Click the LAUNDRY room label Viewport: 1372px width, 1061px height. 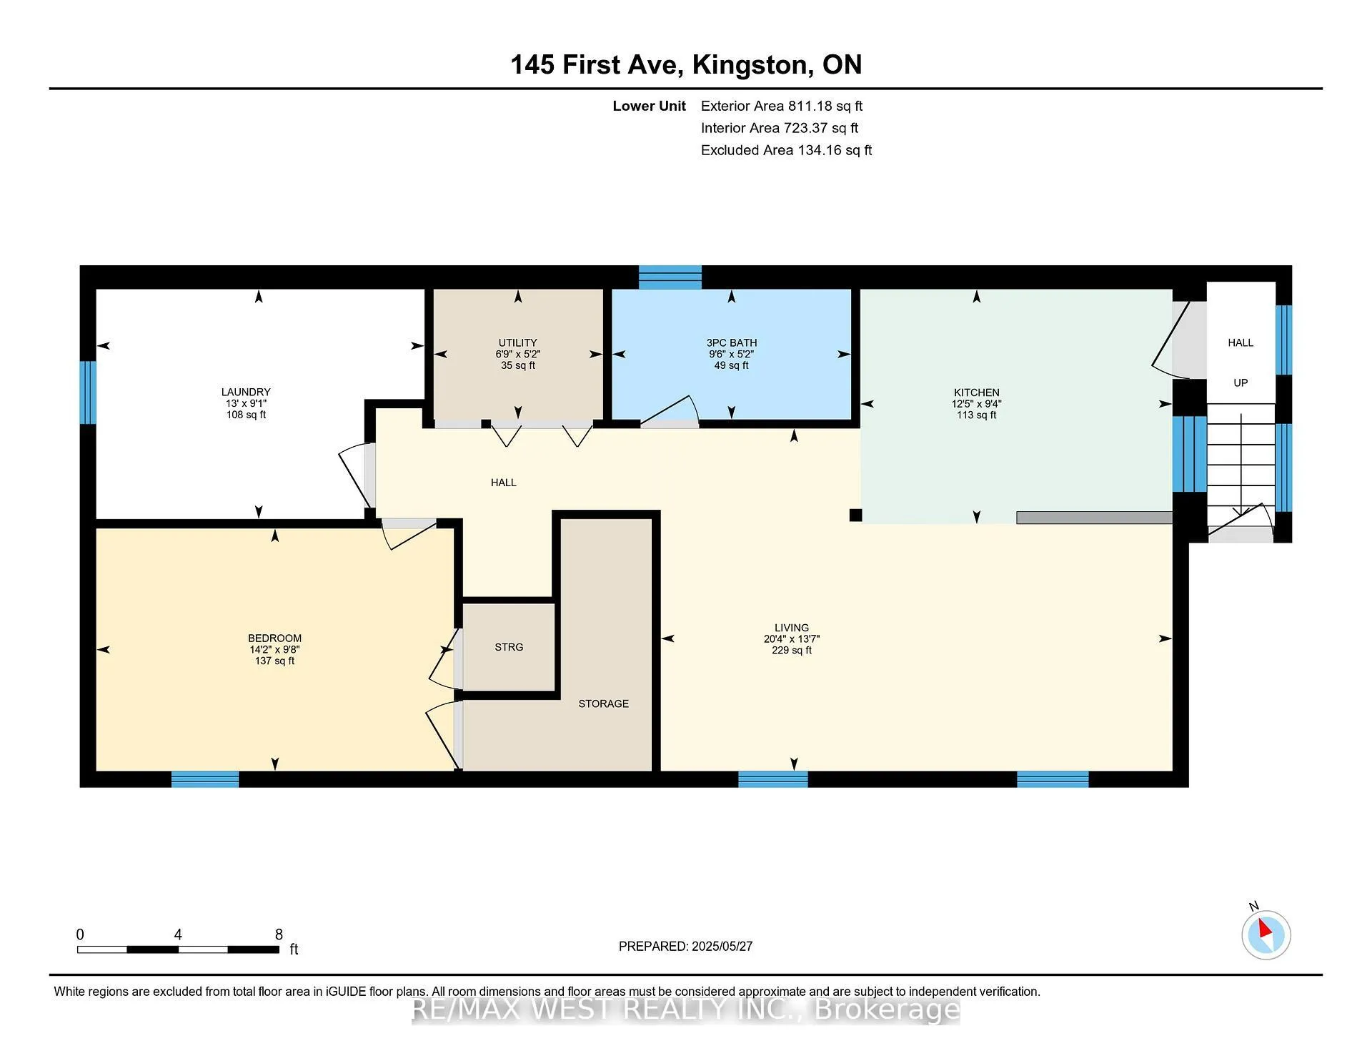tap(246, 392)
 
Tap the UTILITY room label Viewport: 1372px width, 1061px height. tap(518, 342)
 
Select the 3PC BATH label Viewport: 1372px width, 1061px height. tap(732, 342)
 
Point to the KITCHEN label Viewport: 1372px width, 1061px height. tap(977, 393)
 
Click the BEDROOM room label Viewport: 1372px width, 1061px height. tap(275, 638)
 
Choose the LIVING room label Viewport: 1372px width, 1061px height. tap(792, 628)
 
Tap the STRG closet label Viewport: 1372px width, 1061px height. tap(509, 647)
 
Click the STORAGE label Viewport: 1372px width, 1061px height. tap(604, 704)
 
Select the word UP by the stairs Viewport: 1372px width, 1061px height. tap(1241, 383)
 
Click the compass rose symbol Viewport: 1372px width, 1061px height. tap(1266, 934)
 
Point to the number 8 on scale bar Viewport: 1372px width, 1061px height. tap(279, 934)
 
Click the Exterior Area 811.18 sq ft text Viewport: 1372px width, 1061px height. tap(782, 106)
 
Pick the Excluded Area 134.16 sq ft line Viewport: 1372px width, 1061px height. tap(786, 150)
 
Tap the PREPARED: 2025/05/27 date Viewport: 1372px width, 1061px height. tap(685, 946)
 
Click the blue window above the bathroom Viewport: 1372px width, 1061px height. tap(670, 277)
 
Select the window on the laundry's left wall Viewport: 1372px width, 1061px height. tap(87, 393)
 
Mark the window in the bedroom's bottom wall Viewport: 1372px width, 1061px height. tap(205, 779)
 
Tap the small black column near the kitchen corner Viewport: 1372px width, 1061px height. tap(855, 515)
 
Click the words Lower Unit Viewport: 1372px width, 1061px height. tap(649, 106)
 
